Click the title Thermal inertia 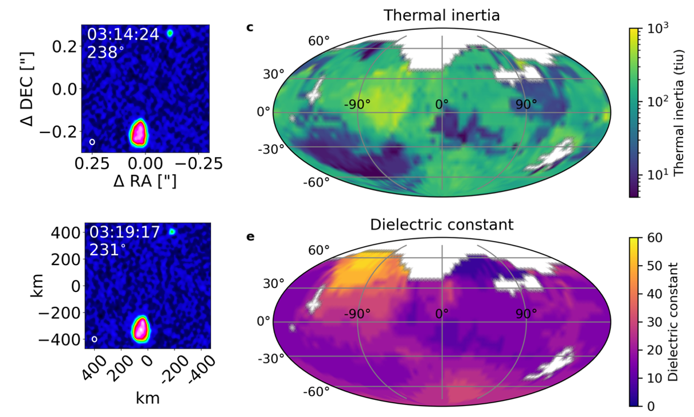[442, 14]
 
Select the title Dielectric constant [442, 224]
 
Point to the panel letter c [249, 26]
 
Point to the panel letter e [249, 236]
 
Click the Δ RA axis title [145, 181]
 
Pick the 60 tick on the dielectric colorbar [652, 237]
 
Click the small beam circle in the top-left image [92, 142]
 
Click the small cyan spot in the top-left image [170, 33]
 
